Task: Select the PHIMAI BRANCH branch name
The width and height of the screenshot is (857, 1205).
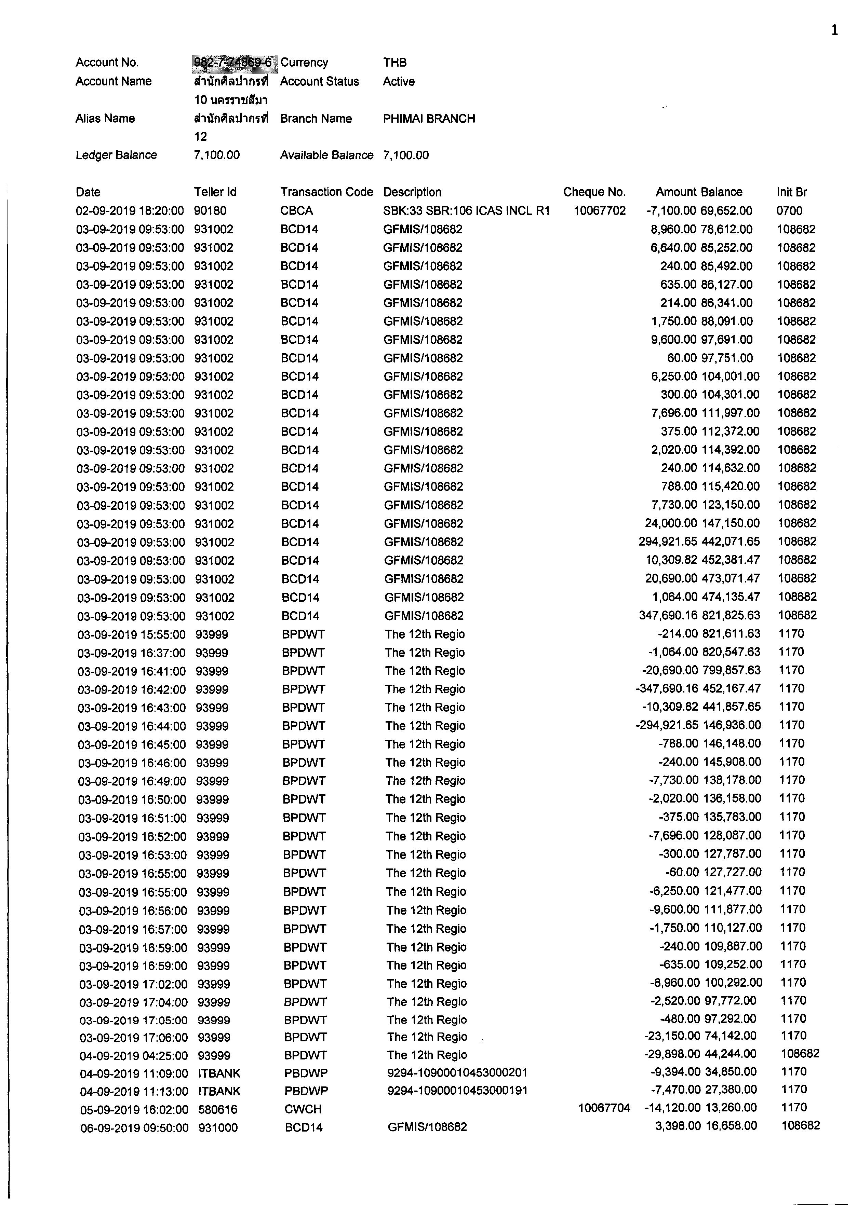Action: (429, 119)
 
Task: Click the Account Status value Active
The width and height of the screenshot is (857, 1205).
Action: (399, 82)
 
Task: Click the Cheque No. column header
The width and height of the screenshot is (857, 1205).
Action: (594, 192)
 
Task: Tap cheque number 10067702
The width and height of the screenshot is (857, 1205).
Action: (600, 211)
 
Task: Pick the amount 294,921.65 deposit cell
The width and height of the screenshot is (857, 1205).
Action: (668, 542)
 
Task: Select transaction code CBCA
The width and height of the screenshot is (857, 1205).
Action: (297, 211)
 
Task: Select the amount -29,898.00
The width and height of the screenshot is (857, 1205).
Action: (672, 1054)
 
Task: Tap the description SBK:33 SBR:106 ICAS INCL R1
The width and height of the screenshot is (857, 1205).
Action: (466, 211)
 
